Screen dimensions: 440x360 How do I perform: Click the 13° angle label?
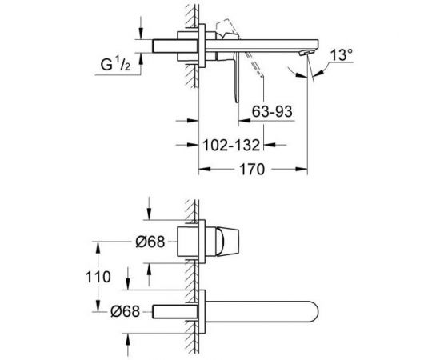tap(342, 55)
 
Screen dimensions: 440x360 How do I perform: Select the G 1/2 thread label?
tap(115, 65)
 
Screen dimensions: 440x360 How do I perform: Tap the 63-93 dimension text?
tap(272, 111)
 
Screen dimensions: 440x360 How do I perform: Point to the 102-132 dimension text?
tap(231, 145)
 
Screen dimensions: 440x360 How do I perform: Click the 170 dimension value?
tap(252, 169)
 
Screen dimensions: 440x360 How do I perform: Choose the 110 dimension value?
tap(98, 277)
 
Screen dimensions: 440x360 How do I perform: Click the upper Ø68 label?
tap(150, 242)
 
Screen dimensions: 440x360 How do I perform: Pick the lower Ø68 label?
tap(125, 311)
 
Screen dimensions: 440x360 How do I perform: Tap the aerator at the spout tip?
tap(306, 53)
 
